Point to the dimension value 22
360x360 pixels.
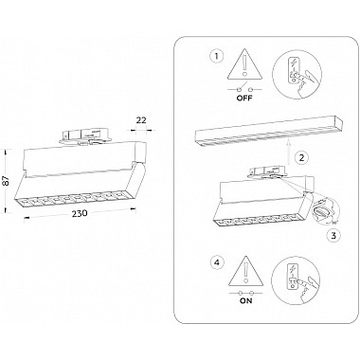141,120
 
